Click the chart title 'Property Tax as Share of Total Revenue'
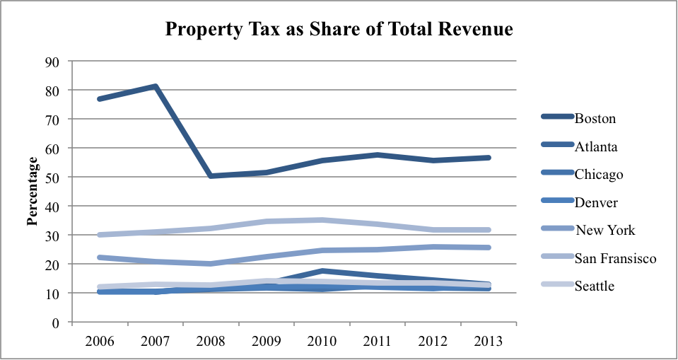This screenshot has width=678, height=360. click(x=339, y=30)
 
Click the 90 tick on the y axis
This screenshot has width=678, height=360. click(x=52, y=62)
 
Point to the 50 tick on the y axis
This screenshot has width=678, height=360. click(x=52, y=177)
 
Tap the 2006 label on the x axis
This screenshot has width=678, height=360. click(x=100, y=340)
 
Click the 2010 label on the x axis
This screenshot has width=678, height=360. click(x=322, y=340)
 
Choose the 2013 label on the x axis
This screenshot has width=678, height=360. click(x=489, y=340)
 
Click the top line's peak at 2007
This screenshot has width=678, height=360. click(x=156, y=87)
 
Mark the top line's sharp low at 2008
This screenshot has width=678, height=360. click(x=211, y=175)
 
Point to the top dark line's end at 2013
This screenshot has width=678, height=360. click(x=488, y=158)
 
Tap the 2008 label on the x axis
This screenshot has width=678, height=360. click(x=211, y=340)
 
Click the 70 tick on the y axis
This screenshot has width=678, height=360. click(x=52, y=120)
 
